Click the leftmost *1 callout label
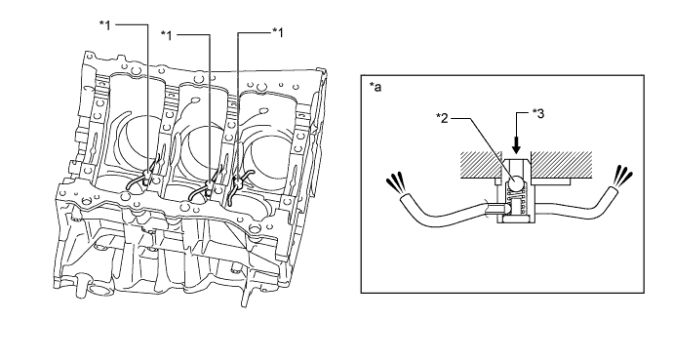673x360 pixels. click(105, 25)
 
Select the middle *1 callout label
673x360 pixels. click(166, 35)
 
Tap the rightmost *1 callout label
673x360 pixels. click(278, 32)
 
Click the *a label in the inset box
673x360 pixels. click(376, 87)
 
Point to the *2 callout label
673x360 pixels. click(442, 118)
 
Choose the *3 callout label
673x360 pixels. click(538, 113)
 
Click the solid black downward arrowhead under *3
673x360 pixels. click(516, 148)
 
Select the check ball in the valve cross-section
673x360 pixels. click(516, 183)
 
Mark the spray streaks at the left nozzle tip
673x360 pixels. click(395, 183)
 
